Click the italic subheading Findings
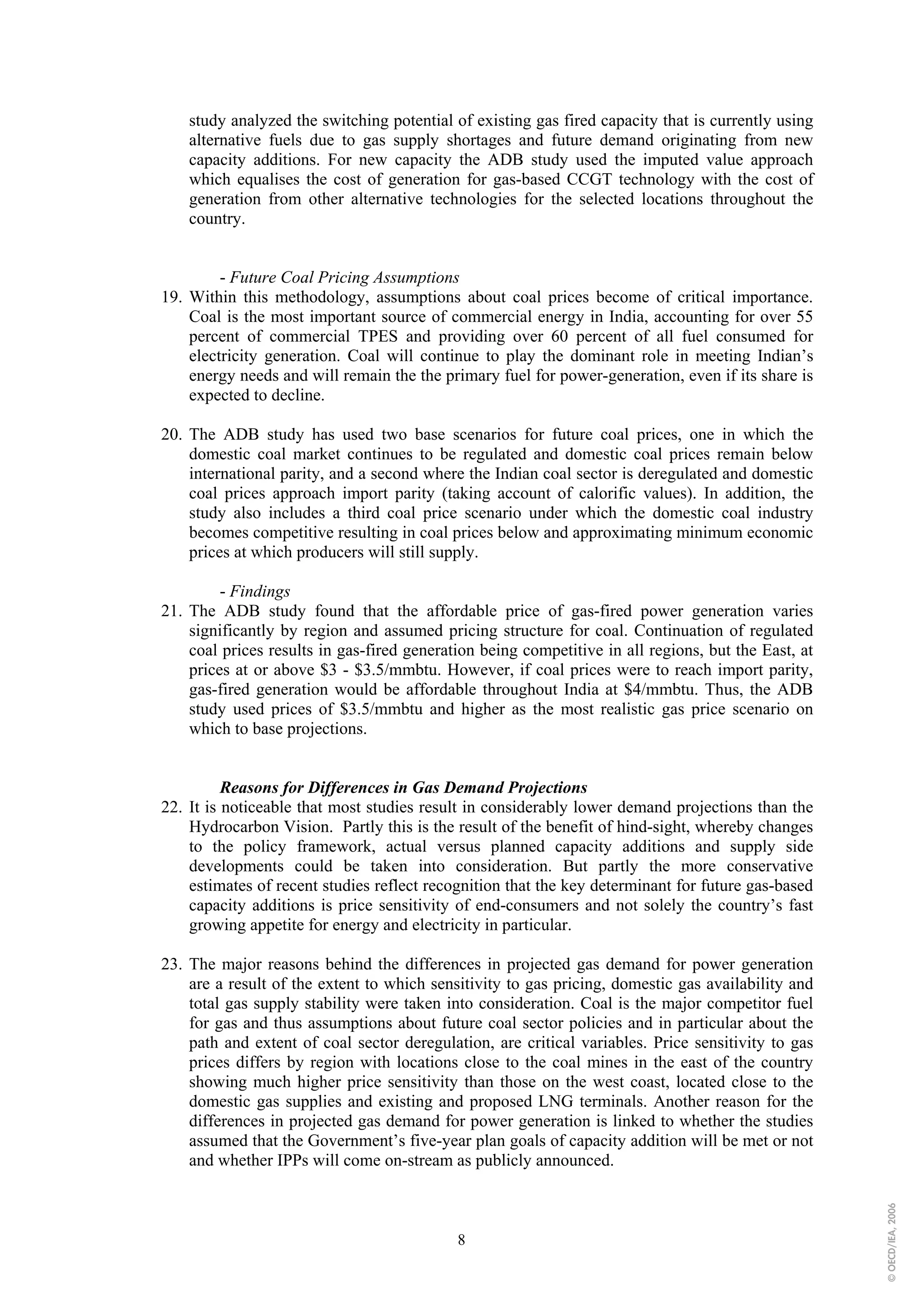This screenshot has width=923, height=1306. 260,591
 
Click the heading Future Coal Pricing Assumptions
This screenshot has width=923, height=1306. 344,278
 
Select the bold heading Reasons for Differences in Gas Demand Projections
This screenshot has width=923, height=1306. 403,788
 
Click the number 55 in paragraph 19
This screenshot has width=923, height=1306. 804,317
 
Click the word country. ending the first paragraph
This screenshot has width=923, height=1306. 217,219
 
